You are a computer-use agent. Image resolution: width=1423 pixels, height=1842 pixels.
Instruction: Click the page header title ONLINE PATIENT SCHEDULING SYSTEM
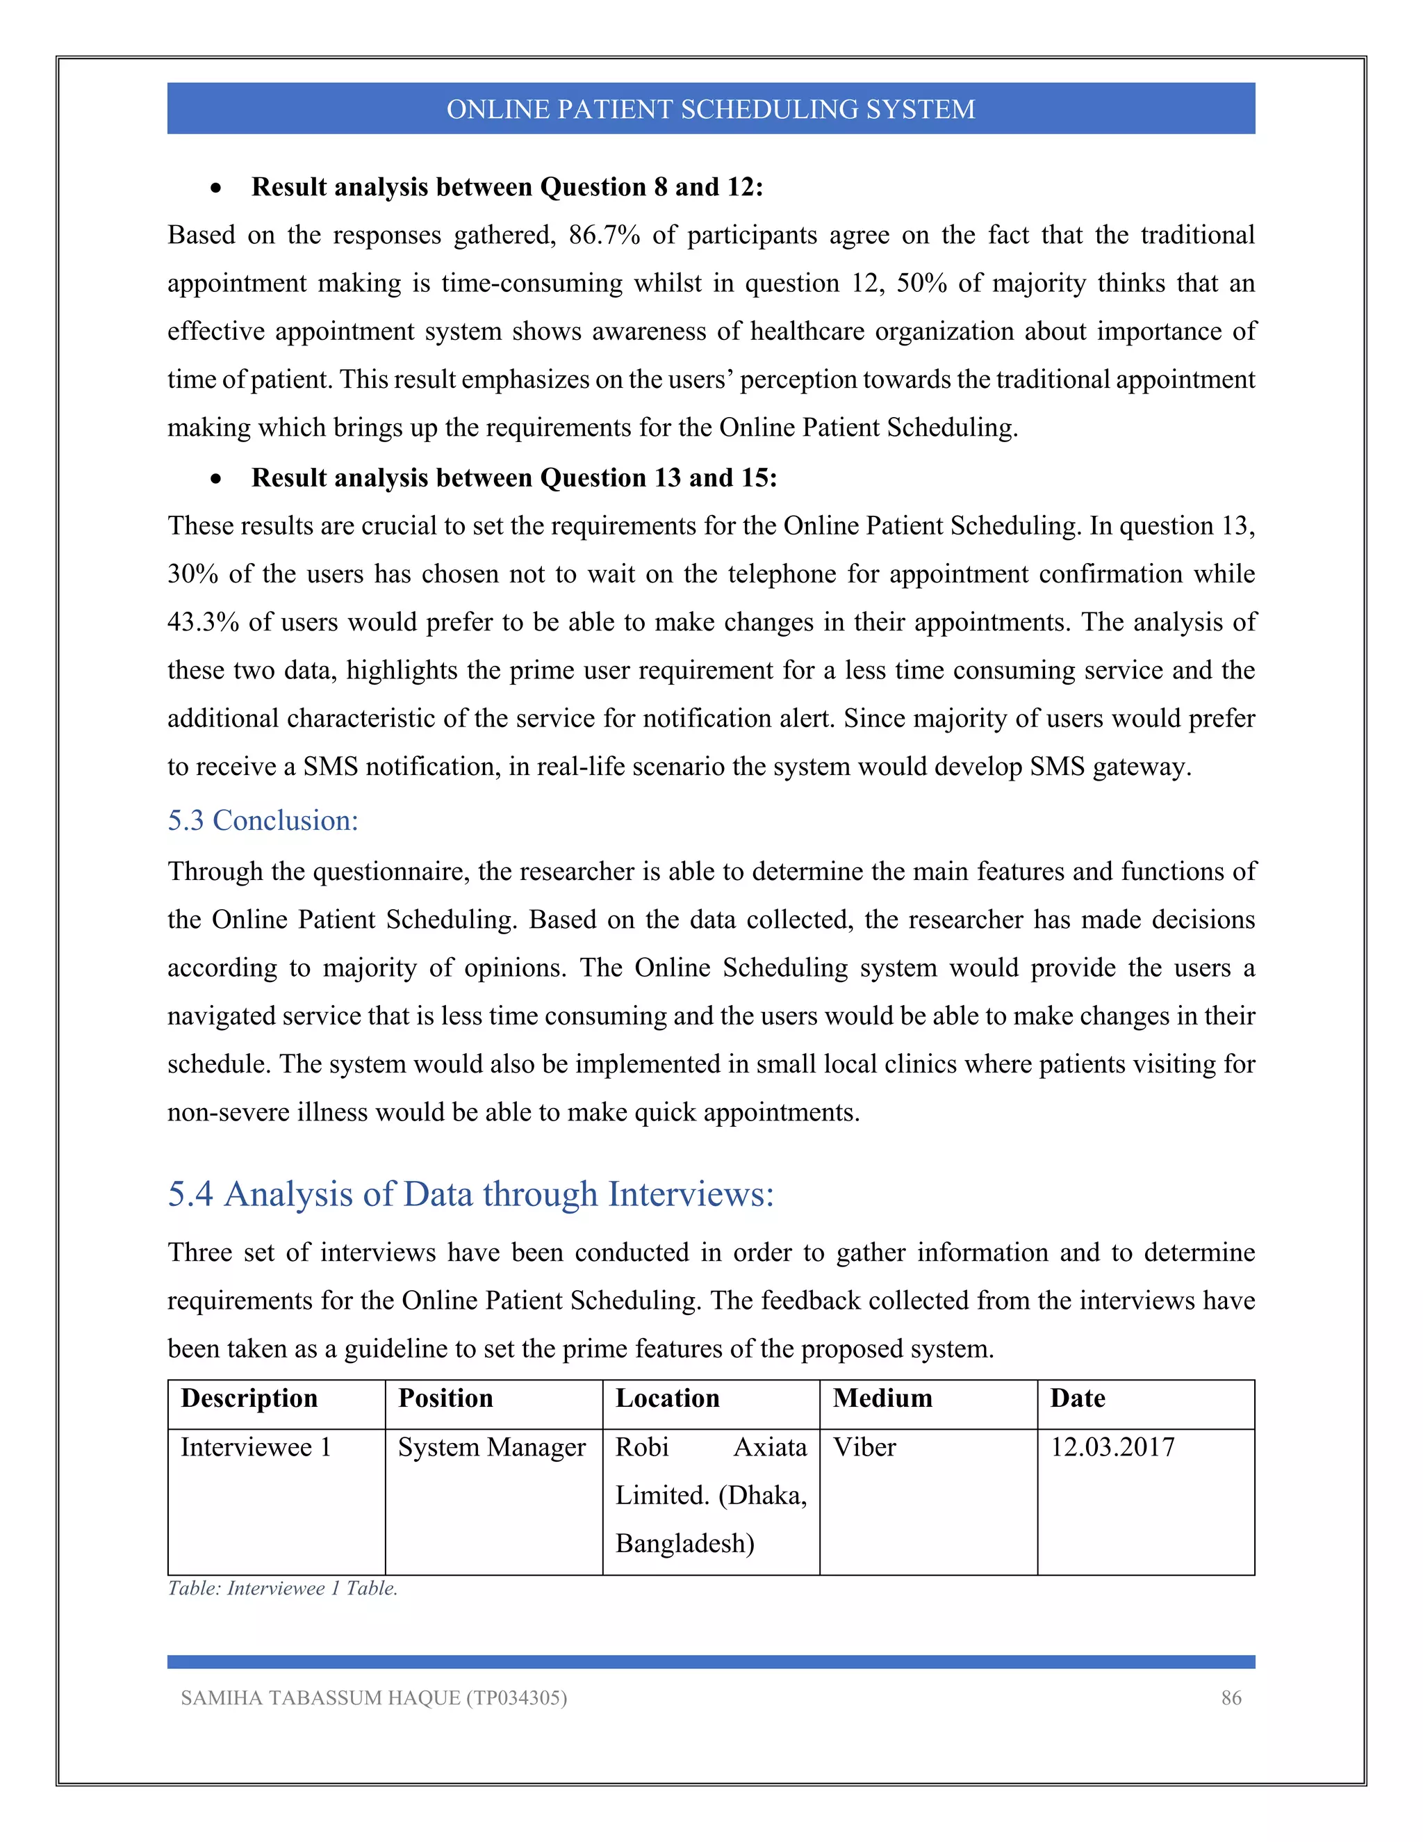711,110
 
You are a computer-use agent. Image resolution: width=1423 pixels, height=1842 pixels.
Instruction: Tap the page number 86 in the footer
1231,1698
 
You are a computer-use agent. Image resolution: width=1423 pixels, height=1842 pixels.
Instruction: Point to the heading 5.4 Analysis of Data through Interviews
470,1194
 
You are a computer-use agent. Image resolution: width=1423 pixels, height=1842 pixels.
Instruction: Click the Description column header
249,1399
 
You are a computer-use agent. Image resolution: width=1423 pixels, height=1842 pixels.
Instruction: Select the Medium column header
882,1399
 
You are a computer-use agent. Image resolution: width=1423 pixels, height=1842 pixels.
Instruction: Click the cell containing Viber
864,1447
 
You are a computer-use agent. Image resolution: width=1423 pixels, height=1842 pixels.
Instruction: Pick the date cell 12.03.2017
1112,1447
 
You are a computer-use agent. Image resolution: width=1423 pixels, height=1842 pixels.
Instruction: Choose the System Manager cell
491,1447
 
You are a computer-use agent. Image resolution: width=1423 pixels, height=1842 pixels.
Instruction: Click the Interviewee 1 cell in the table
256,1447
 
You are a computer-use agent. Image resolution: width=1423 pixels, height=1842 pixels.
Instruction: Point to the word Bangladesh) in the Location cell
684,1543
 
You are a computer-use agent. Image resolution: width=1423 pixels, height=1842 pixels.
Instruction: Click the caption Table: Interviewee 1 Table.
282,1588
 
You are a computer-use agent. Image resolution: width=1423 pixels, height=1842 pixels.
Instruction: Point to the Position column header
445,1399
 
